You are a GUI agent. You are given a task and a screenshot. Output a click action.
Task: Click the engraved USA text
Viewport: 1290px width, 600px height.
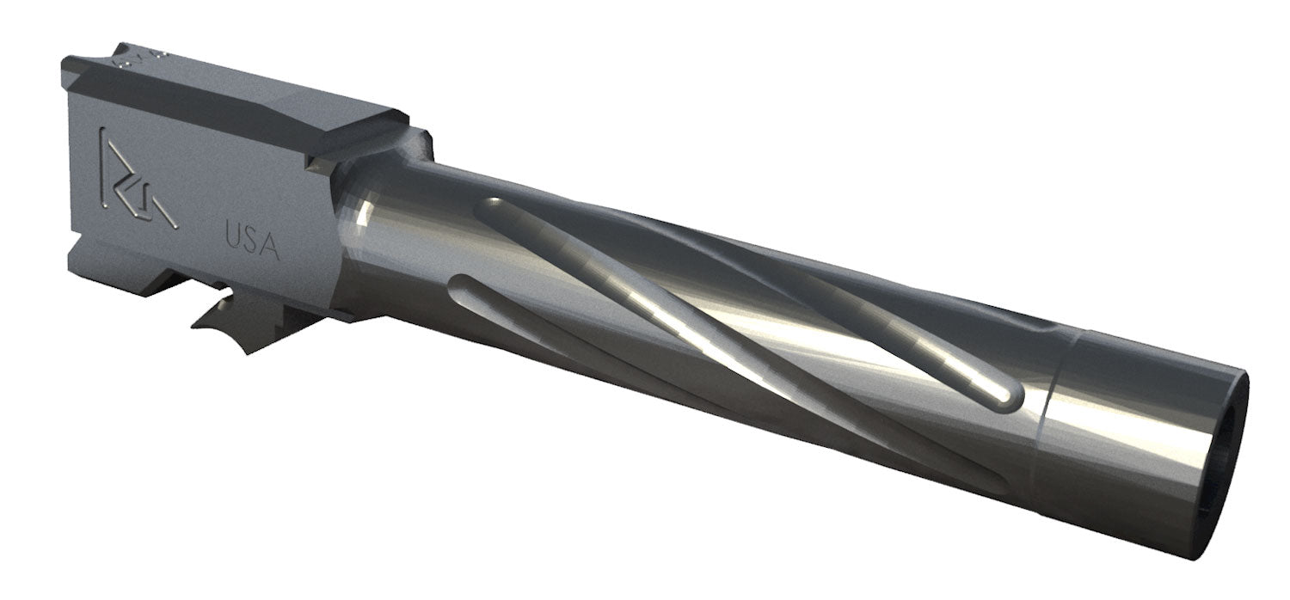(x=253, y=241)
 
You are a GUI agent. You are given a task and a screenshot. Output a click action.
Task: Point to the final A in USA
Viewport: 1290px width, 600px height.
(x=270, y=248)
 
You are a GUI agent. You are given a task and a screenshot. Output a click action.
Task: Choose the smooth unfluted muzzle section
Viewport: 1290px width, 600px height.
(x=1135, y=430)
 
